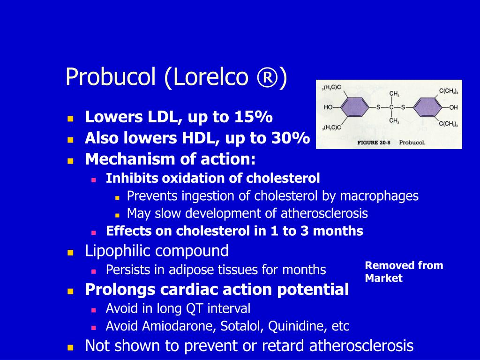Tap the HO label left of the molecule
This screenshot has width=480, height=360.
click(329, 107)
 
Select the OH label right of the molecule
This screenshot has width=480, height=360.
click(453, 107)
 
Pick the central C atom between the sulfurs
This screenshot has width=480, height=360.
click(390, 107)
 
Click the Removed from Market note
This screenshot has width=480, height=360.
click(403, 271)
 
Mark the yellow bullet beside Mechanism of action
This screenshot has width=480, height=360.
click(71, 160)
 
